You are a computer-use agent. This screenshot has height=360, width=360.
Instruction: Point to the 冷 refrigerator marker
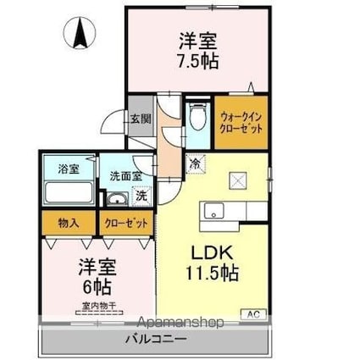coord(194,163)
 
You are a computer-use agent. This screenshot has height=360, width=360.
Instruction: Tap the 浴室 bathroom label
coord(69,168)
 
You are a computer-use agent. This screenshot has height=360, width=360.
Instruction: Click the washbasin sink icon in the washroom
coord(115,200)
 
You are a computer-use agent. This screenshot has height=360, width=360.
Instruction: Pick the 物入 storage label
coord(69,223)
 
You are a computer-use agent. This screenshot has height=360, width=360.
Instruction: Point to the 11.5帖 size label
coord(212,274)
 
